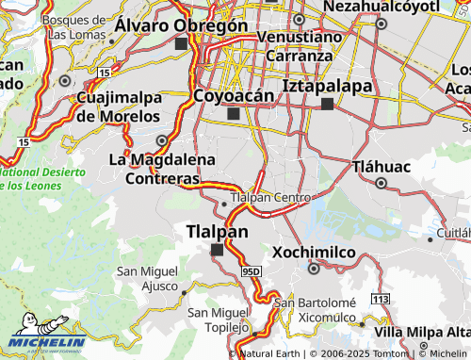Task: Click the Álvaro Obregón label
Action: [x=180, y=25]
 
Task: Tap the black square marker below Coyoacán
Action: [x=233, y=115]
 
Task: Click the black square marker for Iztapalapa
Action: [x=327, y=104]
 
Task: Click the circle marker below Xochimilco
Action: [x=314, y=269]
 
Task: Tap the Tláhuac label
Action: [x=381, y=167]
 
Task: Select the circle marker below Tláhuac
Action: [x=381, y=183]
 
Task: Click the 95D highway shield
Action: [x=250, y=271]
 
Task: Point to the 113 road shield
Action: [x=380, y=299]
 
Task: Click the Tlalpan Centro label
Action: [x=270, y=198]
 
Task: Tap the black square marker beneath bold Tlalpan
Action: [x=218, y=250]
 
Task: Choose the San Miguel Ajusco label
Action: [x=146, y=278]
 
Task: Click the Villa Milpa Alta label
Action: [x=422, y=333]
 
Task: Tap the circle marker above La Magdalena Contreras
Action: [x=162, y=141]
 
